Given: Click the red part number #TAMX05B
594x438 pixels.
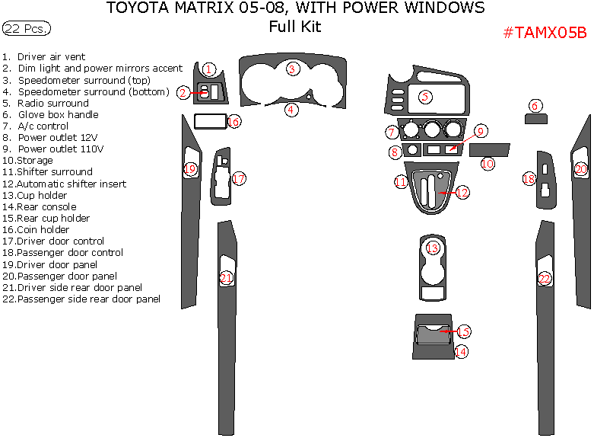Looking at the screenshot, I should [x=545, y=33].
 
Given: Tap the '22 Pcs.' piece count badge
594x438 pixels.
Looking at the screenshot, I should [x=27, y=29].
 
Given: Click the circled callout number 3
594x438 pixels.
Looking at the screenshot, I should [x=291, y=69].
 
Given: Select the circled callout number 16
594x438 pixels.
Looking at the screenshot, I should [x=233, y=121].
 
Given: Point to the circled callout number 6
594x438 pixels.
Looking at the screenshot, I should [x=535, y=106].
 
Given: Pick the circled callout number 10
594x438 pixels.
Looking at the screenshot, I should [x=488, y=163].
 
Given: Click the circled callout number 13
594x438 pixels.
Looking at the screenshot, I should [x=433, y=248].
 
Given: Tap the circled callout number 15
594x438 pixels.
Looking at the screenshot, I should [x=462, y=331].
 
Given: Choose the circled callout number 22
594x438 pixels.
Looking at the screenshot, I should [x=545, y=279].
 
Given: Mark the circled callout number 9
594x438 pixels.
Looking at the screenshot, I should [x=481, y=131].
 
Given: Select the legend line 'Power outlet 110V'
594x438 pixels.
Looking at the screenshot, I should [x=60, y=149].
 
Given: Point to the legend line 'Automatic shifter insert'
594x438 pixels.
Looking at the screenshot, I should [x=71, y=184].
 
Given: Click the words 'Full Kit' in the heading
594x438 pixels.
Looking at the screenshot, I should [x=294, y=27].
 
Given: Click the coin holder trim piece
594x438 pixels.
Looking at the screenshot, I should [x=209, y=120].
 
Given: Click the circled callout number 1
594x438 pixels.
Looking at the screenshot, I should [x=210, y=69].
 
